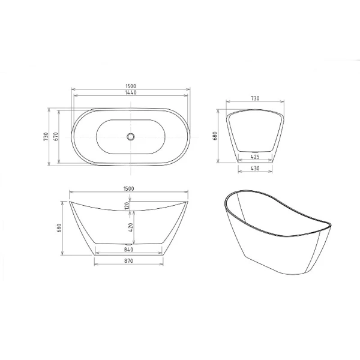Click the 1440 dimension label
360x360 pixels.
point(130,93)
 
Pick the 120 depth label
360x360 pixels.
point(128,206)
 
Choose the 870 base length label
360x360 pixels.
point(128,261)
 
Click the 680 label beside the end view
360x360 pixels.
point(215,136)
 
